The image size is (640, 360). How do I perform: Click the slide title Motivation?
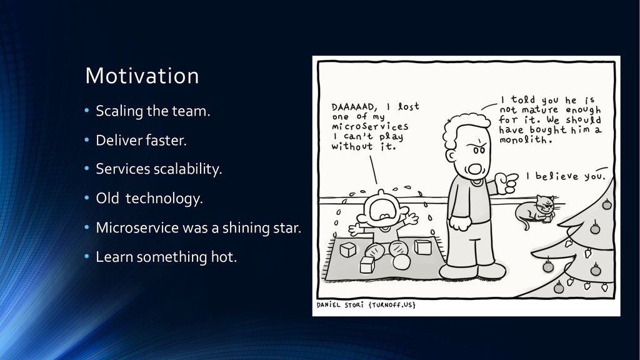(142, 76)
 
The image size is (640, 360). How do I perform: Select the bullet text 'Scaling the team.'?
(153, 111)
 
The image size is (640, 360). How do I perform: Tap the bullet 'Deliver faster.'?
(141, 141)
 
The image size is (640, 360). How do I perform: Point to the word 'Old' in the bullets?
(107, 198)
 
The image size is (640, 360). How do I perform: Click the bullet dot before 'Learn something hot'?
(86, 257)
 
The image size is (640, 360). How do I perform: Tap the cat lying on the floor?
(535, 211)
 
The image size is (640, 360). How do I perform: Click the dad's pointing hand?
(506, 182)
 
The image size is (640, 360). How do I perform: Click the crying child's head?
(384, 210)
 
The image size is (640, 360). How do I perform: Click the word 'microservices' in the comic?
(370, 126)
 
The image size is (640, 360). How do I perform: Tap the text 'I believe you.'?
(566, 176)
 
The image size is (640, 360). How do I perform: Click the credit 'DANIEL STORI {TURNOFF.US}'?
(366, 305)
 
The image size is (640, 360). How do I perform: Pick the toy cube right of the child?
(423, 247)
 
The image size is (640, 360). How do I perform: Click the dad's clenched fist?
(459, 223)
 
